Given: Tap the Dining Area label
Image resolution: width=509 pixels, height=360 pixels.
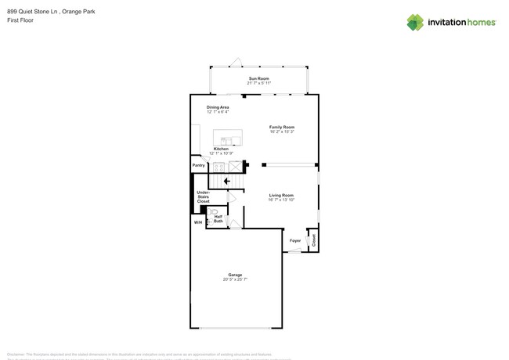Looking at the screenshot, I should coord(218,107).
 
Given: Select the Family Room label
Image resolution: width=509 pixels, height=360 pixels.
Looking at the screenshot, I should coord(282,127).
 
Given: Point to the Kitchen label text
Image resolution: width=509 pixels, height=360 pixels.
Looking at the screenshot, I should coord(221,149).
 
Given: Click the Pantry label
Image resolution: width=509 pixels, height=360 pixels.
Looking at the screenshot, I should coord(199,165).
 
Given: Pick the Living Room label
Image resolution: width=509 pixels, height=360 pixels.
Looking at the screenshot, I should coord(281,195).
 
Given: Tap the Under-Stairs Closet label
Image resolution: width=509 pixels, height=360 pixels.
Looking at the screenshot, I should coord(203,197).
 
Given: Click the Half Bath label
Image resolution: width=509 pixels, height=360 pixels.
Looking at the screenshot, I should coord(218,219).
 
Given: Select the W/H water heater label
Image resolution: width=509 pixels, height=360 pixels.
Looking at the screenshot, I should coord(197,223).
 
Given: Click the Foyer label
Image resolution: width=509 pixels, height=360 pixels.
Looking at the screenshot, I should coord(295,240).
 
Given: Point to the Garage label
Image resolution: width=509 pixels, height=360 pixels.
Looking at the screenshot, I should coord(235,275).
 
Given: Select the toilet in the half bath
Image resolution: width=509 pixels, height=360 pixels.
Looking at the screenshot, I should coord(214,211).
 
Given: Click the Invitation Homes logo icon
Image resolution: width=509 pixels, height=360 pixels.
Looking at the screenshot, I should coord(415,22).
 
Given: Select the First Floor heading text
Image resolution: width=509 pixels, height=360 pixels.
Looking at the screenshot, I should coord(20,20).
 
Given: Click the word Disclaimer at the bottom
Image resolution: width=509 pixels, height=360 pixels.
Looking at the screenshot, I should coord(17,354).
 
